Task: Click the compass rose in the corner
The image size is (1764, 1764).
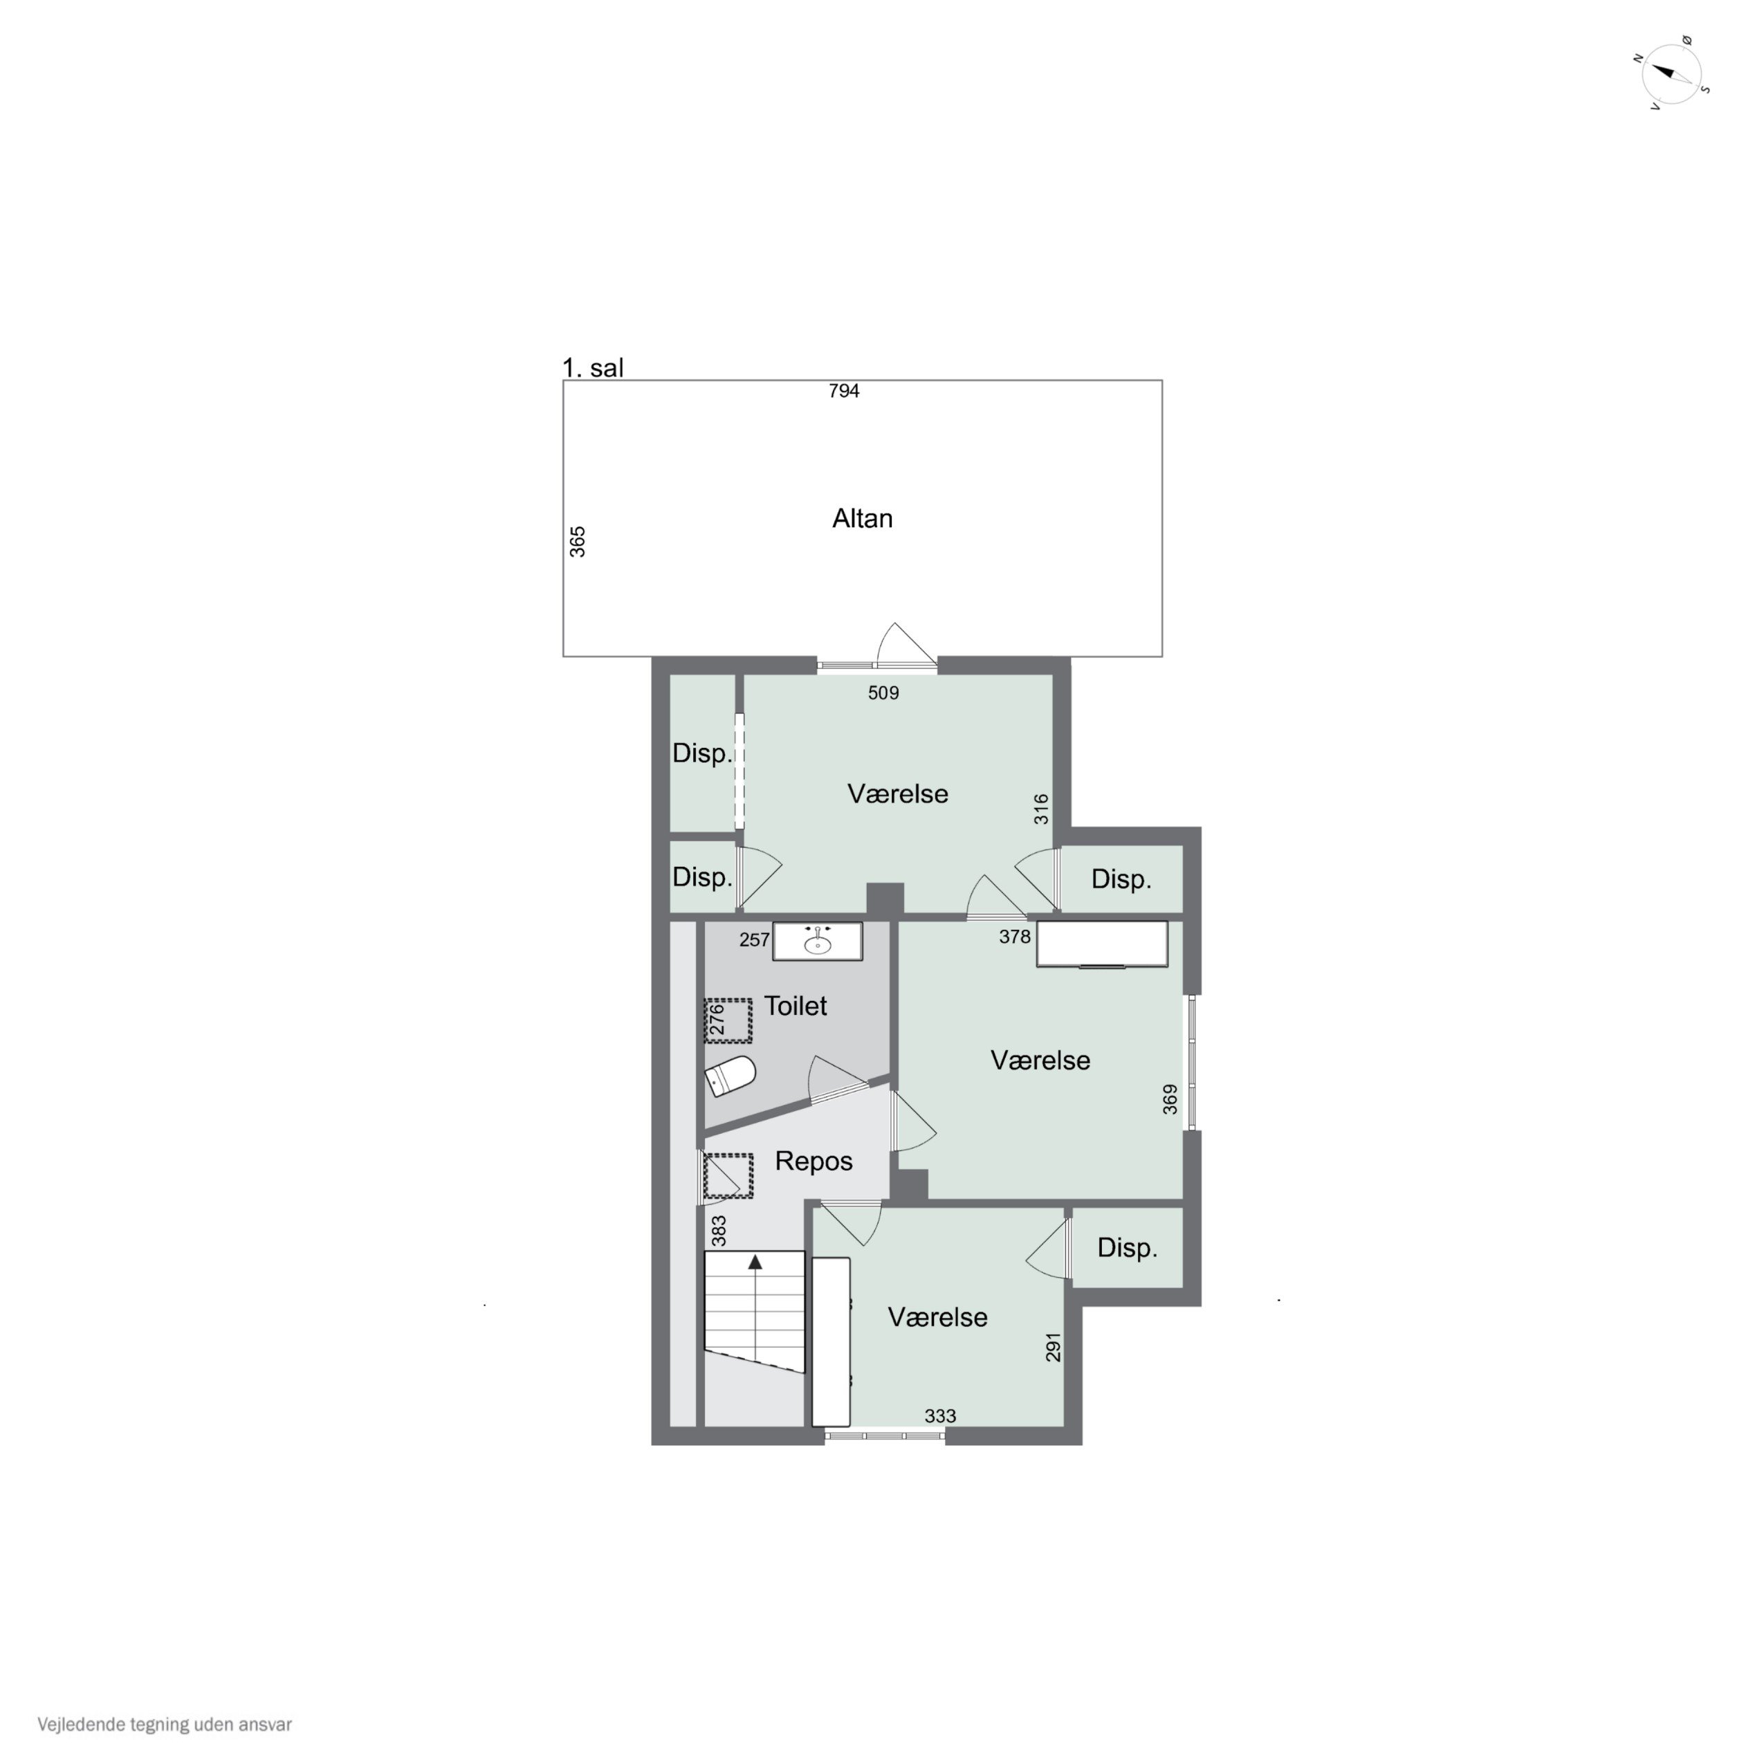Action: click(x=1672, y=74)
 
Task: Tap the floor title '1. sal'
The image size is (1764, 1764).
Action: click(x=593, y=368)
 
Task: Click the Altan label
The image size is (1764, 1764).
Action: click(x=862, y=519)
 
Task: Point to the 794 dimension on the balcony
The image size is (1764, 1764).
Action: click(x=844, y=392)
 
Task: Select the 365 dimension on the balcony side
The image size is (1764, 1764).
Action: click(x=578, y=542)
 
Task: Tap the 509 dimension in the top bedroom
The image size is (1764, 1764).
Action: click(x=883, y=693)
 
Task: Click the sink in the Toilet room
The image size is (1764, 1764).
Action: click(x=817, y=941)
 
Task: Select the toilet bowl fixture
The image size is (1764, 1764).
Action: click(x=731, y=1076)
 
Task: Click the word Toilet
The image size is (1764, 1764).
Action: click(x=796, y=1007)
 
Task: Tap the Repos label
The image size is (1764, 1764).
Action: click(x=814, y=1161)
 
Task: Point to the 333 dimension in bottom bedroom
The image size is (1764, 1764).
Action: click(x=939, y=1416)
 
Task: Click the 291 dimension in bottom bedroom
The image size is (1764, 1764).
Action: click(x=1053, y=1348)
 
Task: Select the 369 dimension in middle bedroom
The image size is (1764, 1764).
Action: click(x=1170, y=1099)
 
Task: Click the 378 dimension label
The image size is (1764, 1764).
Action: click(x=1014, y=937)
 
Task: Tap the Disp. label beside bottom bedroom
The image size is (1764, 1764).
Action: click(x=1127, y=1248)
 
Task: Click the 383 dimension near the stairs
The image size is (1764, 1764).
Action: click(x=719, y=1231)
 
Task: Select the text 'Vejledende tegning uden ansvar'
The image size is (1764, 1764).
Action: click(x=165, y=1725)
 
